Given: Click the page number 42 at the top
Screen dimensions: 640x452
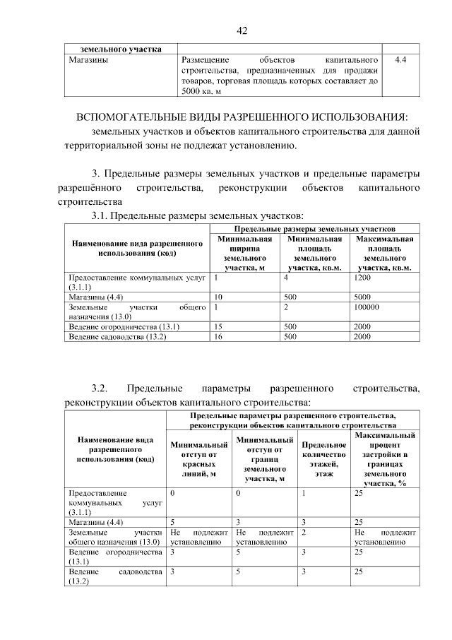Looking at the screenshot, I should click(x=242, y=31).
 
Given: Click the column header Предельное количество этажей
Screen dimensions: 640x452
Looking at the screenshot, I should click(x=323, y=459).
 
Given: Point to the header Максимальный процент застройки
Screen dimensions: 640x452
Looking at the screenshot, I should click(x=384, y=459).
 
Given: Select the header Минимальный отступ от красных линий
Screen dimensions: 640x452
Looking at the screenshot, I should click(x=198, y=459).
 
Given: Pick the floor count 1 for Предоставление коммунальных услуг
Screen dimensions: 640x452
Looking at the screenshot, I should click(x=303, y=492).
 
